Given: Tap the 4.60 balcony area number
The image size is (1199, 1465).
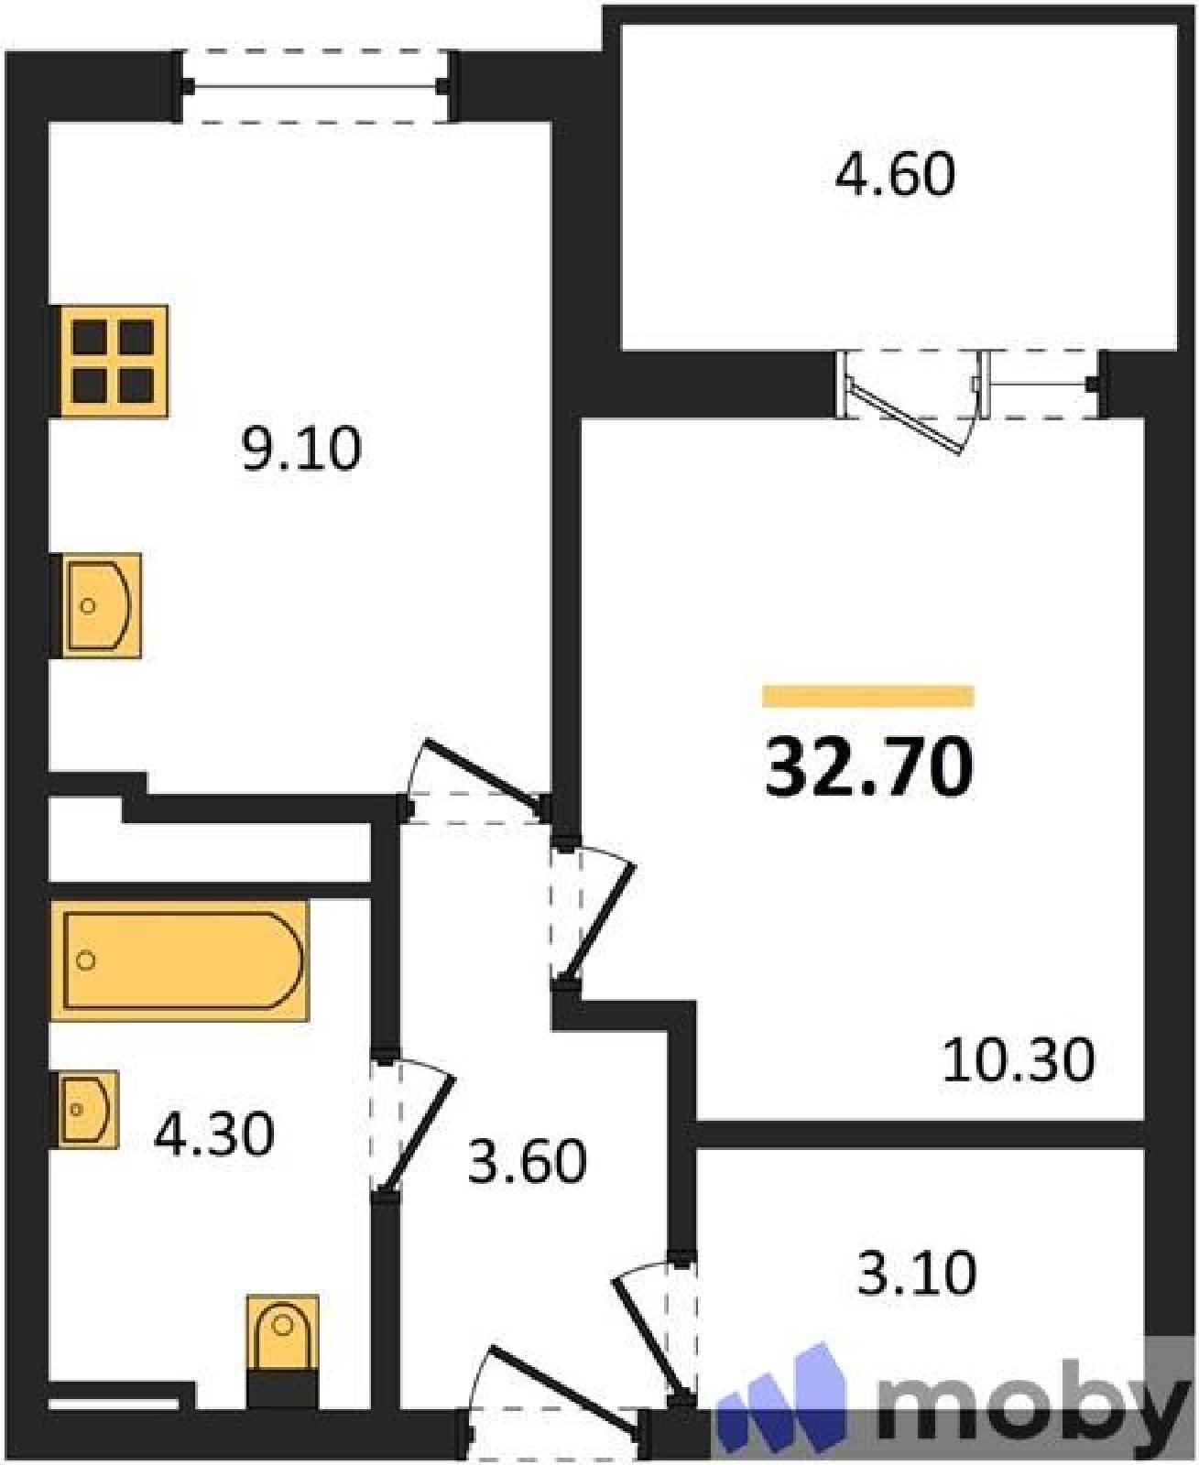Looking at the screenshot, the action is [895, 174].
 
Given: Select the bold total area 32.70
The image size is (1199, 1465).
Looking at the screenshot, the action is [868, 767].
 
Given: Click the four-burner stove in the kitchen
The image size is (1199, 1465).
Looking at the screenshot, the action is [113, 361].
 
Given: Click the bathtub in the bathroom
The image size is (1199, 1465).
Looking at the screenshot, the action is [180, 960].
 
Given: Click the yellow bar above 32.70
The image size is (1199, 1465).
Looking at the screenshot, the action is [868, 696].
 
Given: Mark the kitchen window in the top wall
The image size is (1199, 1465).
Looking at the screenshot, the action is [316, 87].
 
